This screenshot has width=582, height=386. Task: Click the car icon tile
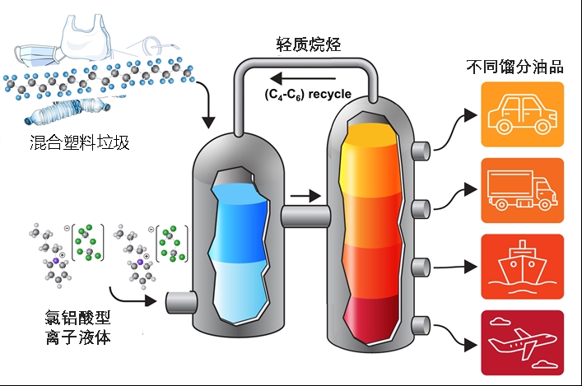pos(522,114)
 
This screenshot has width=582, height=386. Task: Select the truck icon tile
pos(522,190)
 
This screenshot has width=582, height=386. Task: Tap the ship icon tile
pos(522,266)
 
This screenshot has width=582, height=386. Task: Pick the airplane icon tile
pos(522,342)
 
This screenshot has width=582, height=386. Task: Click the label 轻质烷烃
pos(310,43)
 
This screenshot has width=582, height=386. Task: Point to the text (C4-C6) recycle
pos(308,94)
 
